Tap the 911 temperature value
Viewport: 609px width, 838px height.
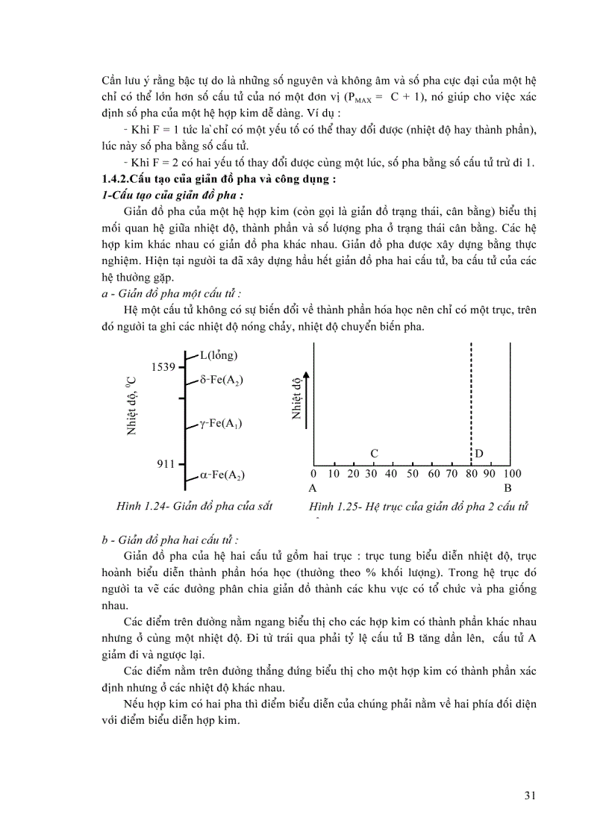pos(165,464)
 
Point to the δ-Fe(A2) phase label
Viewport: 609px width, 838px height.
pos(222,380)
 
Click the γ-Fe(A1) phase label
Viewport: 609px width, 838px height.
pos(221,424)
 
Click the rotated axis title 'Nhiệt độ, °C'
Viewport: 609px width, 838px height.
pos(131,406)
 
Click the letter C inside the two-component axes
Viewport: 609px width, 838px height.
pos(375,454)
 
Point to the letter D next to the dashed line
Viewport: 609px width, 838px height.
pos(479,454)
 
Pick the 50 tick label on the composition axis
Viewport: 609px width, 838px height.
pos(412,474)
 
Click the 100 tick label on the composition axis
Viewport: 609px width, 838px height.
pos(512,474)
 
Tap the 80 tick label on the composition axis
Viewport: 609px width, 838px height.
pos(471,474)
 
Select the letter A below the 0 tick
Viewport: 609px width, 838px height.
pos(313,488)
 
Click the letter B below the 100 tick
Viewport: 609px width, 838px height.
pos(507,488)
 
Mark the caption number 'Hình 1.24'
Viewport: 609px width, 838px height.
pos(143,506)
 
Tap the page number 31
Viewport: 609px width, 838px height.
pos(530,795)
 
